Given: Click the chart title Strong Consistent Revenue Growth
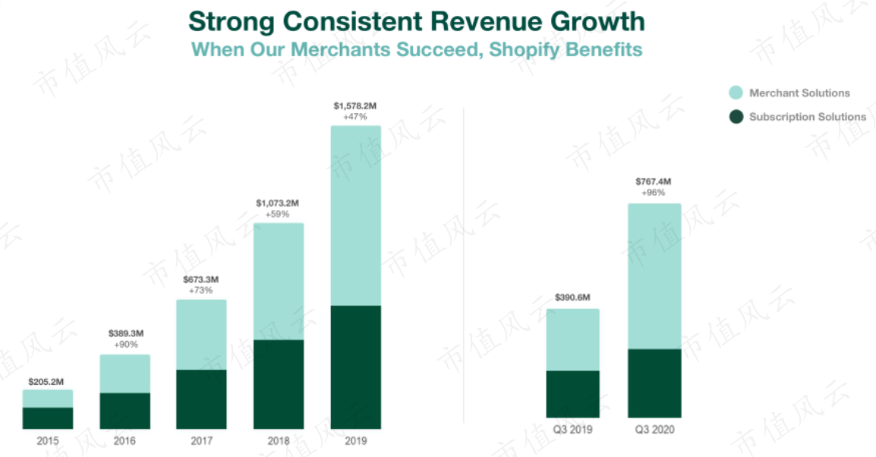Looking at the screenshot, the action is [417, 22].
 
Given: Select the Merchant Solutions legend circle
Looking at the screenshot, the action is [736, 93].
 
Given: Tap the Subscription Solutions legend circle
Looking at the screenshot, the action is [736, 117].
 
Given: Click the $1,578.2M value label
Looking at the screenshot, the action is [355, 106].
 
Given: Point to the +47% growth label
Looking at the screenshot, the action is [355, 117].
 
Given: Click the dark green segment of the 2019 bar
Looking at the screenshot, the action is [356, 367].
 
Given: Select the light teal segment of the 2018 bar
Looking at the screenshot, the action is [279, 282].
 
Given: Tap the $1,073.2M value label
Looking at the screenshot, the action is [278, 203].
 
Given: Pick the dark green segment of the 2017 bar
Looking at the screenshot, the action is [202, 399].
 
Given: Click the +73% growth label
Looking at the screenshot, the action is [200, 291].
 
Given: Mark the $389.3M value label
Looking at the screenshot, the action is [126, 333].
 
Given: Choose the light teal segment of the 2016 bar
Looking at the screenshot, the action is [125, 373].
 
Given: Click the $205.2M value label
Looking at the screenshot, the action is [46, 382].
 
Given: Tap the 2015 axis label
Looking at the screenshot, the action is [48, 441].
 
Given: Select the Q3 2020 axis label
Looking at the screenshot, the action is [655, 430].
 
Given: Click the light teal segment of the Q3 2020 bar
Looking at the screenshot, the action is [655, 276].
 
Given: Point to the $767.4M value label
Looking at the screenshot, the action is [653, 181].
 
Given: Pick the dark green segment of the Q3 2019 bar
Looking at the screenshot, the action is [572, 394].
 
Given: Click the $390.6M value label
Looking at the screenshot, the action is [572, 298].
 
